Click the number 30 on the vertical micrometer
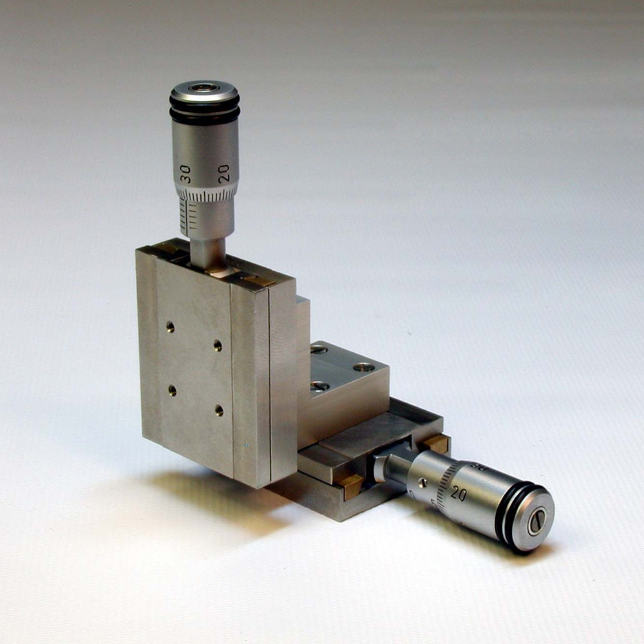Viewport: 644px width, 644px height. [185, 174]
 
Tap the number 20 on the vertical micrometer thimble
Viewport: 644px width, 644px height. [224, 173]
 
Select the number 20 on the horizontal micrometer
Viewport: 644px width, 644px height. [459, 493]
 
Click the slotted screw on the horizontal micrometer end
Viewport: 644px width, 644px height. [536, 520]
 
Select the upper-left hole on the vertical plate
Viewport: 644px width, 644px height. [169, 327]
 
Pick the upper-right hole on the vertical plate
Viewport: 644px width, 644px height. [218, 346]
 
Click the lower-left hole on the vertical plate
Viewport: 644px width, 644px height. [172, 389]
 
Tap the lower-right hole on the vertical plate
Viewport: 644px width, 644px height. [219, 410]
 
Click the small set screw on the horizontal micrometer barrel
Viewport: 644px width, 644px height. [422, 482]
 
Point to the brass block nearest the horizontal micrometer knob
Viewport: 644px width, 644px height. [437, 443]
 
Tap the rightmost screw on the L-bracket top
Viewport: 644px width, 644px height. [364, 367]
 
